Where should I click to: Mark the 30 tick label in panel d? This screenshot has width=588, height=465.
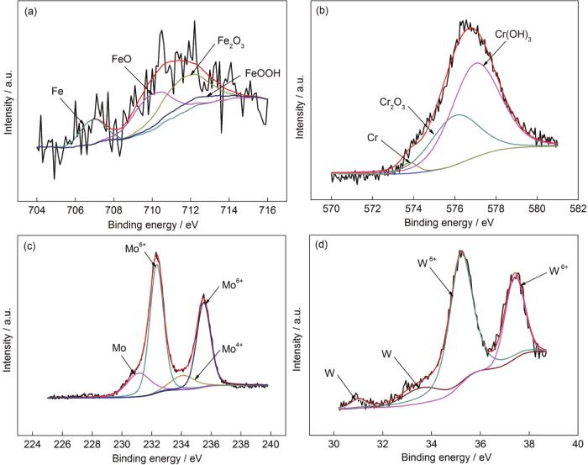334,444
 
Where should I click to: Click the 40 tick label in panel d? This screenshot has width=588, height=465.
577,444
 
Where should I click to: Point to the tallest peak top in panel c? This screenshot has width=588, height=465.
156,254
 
